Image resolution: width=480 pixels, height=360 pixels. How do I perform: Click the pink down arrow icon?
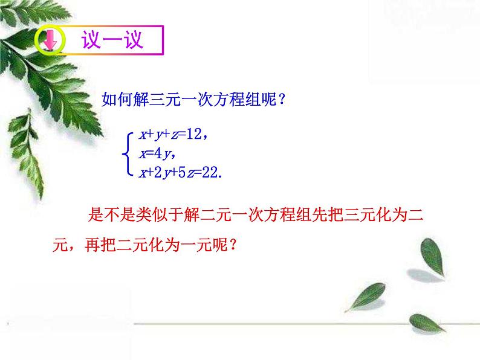coord(50,42)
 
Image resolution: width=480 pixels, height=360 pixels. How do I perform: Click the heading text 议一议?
coord(113,40)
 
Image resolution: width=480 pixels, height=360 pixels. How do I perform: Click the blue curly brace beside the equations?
coord(126,154)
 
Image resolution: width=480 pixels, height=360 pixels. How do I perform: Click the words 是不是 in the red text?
coord(111,215)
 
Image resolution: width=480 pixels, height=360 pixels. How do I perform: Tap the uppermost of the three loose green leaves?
coord(432,254)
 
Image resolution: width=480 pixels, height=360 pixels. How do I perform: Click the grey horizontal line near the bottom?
coord(302,324)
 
